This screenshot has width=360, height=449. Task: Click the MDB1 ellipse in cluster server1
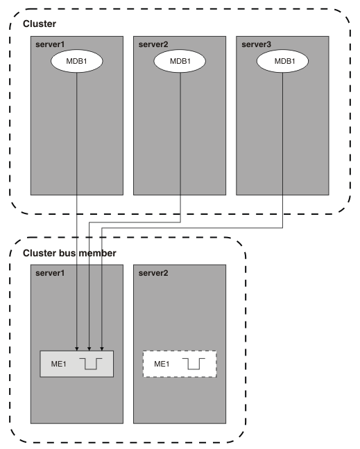click(77, 61)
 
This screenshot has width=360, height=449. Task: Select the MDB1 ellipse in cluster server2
click(180, 61)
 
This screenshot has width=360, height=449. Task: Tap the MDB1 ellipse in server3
click(282, 61)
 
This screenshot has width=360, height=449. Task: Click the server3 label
click(256, 44)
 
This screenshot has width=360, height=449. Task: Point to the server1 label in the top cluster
click(50, 44)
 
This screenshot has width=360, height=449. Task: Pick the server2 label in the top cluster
click(153, 44)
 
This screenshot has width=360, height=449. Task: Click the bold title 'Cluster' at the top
click(40, 24)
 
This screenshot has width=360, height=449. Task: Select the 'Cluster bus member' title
click(69, 253)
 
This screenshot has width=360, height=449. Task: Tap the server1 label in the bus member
click(50, 273)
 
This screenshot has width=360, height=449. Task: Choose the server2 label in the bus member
click(153, 273)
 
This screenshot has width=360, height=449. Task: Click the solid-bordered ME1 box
click(77, 364)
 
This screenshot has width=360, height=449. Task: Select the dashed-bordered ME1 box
click(180, 364)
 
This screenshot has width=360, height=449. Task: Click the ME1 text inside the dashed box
click(162, 364)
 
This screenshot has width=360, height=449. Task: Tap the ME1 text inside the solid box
click(59, 364)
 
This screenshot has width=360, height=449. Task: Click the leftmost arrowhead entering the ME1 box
click(77, 349)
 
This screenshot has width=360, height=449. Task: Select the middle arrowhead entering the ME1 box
click(89, 349)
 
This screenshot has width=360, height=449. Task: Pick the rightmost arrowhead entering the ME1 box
click(102, 349)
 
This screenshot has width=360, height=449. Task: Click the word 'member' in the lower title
click(97, 253)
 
